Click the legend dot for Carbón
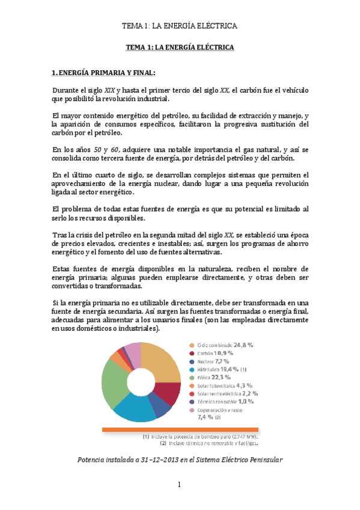pos(192,354)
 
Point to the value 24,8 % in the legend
pos(242,345)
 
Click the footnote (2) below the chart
pos(163,444)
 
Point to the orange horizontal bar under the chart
pos(180,429)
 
